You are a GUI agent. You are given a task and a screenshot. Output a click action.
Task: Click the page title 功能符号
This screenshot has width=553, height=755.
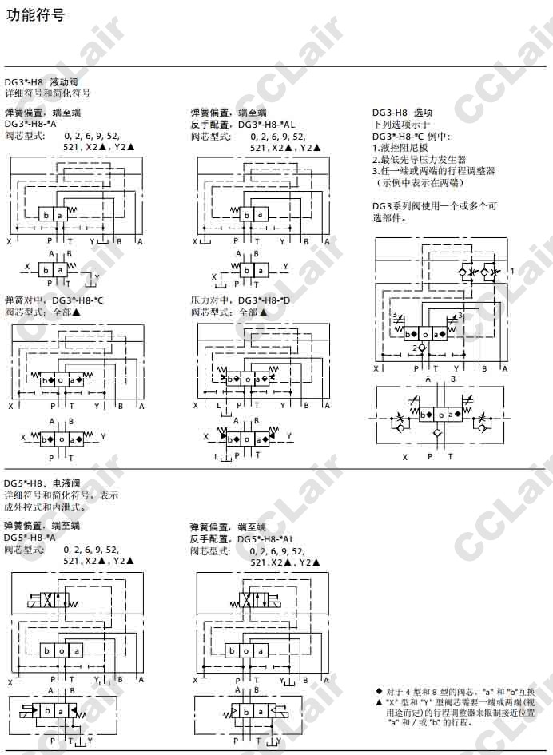35,15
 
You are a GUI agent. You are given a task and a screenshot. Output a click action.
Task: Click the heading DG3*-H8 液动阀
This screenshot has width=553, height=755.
41,82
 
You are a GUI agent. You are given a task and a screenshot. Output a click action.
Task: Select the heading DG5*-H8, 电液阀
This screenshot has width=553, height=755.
42,483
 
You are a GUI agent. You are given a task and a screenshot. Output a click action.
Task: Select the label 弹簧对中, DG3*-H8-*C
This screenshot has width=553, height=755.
54,300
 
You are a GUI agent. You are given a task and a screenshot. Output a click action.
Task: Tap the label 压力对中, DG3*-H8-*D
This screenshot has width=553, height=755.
241,300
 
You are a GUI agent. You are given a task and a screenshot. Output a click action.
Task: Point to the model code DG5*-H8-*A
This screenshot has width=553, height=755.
30,538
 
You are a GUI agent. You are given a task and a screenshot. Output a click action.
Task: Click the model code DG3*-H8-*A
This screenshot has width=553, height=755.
30,124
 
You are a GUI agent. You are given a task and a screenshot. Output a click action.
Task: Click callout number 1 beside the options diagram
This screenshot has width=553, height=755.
512,272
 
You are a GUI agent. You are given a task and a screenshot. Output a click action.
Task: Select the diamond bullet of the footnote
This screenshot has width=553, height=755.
379,690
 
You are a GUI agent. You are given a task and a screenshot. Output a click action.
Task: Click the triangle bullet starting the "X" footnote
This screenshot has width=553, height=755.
379,701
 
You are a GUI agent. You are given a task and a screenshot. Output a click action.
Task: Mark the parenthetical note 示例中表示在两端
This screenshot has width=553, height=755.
419,182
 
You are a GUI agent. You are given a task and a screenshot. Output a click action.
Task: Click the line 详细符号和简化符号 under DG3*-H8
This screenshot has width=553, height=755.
47,93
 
